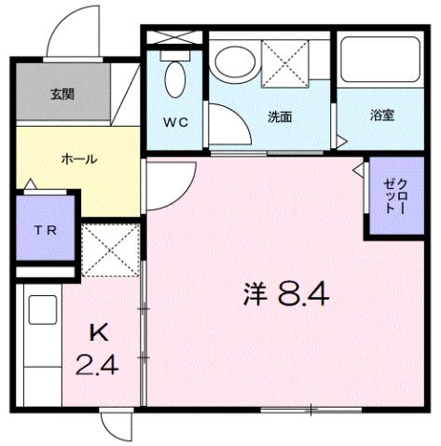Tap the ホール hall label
(x=78, y=158)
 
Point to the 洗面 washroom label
(x=280, y=117)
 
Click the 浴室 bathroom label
(x=381, y=115)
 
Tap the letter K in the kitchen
(x=98, y=332)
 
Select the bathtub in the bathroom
(x=379, y=61)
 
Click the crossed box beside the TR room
(x=109, y=249)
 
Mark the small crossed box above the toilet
(x=173, y=38)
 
